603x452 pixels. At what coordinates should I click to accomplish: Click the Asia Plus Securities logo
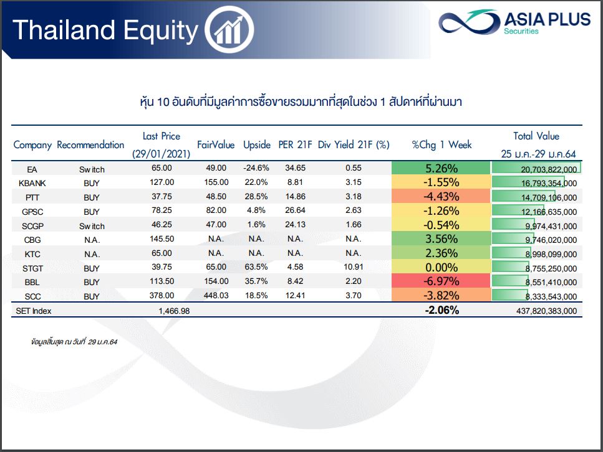pos(514,22)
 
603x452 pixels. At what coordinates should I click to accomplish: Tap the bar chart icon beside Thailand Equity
pos(229,29)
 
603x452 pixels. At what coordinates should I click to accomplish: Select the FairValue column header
pos(216,145)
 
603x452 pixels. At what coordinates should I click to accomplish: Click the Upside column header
pos(257,145)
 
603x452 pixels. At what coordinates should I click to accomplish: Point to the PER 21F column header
pos(295,145)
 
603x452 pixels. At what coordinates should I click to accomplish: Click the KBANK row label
pos(32,183)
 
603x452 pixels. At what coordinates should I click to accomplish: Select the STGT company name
pos(32,268)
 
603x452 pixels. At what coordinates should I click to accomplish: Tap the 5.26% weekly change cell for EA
pos(441,168)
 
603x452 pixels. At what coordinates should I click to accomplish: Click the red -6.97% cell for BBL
pos(441,281)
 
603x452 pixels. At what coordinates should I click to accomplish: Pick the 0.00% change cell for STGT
pos(441,267)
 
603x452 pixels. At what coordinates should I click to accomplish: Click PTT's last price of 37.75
pos(162,196)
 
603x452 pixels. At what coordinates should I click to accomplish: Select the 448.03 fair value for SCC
pos(216,295)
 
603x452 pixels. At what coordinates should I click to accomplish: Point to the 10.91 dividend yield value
pos(354,267)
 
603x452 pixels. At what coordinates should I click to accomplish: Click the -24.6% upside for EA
pos(256,168)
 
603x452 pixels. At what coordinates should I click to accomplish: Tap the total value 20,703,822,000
pos(549,169)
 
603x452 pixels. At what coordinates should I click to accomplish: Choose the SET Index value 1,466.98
pos(174,311)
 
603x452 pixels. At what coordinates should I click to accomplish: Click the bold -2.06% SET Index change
pos(442,310)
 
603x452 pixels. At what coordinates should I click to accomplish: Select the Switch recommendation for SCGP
pos(92,226)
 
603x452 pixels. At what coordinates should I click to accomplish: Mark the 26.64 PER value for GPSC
pos(295,210)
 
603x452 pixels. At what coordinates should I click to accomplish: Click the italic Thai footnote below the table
pos(74,342)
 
